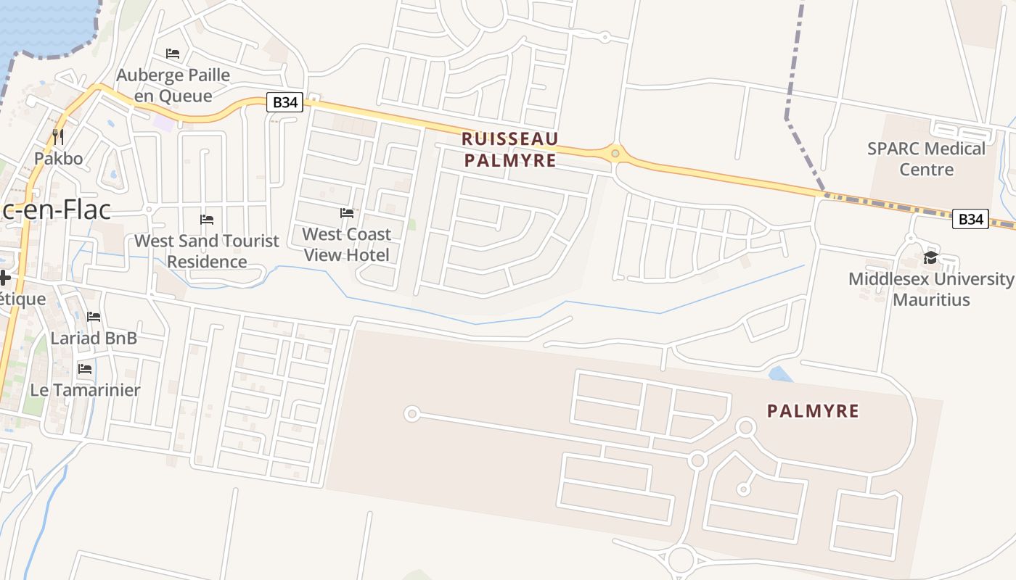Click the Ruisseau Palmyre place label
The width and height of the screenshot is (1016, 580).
510,149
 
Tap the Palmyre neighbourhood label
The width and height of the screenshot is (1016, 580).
813,412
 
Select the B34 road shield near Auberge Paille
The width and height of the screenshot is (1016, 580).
284,102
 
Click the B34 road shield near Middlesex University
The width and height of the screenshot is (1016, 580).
970,219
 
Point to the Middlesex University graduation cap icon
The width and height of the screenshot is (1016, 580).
930,259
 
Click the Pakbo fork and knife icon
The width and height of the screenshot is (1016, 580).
58,136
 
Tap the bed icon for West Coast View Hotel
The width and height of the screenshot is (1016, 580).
347,213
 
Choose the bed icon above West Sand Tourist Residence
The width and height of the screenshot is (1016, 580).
207,219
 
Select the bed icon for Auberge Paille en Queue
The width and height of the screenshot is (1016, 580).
173,54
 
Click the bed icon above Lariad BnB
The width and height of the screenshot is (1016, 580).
94,317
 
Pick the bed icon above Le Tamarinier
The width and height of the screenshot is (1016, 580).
85,369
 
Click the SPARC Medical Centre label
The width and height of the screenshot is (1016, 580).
926,159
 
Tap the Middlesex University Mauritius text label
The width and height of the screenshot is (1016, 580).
931,289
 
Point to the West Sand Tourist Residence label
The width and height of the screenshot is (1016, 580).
207,251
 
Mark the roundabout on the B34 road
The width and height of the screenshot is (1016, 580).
615,153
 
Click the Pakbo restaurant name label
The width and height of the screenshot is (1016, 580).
59,158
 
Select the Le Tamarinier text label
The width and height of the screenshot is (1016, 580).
85,390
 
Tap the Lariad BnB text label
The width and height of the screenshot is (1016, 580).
94,338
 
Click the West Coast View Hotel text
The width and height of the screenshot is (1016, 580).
347,244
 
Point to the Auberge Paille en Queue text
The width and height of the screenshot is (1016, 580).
173,86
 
